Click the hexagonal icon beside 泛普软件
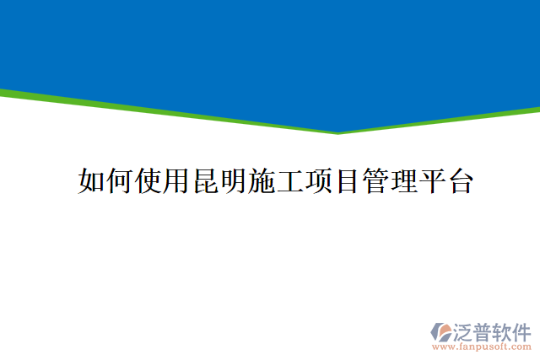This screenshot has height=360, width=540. pos(442,331)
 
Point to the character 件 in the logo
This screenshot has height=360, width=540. pos(523,330)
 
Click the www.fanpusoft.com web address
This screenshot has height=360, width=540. pos(482,347)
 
